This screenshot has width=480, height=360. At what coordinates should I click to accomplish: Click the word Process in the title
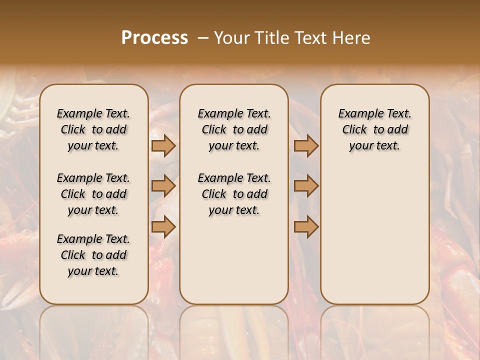pos(154,38)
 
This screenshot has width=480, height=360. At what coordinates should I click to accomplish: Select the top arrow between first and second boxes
pos(163,146)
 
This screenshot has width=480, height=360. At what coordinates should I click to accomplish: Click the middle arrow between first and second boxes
pos(163,186)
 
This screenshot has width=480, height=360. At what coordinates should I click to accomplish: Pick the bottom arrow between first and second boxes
pos(163,227)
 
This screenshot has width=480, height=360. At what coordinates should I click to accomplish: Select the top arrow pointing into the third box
pos(306,146)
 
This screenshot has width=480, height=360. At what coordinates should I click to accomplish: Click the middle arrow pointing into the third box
pos(306,186)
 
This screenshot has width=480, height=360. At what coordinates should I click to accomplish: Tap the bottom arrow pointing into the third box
pos(306,227)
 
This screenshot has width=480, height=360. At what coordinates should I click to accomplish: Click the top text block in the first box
pos(93,129)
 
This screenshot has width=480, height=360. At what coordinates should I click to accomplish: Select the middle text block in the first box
pos(93,194)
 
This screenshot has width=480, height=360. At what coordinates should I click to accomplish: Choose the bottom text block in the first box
pos(93,255)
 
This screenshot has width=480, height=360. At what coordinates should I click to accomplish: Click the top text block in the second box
pos(234,129)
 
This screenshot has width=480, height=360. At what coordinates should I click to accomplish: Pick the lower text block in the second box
pos(234,194)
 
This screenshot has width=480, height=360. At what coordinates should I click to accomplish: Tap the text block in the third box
pos(374,129)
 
